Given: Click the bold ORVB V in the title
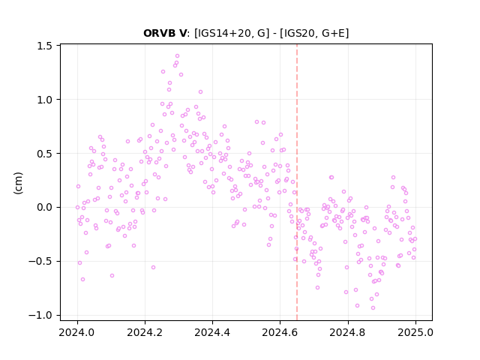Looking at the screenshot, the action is click(x=164, y=33).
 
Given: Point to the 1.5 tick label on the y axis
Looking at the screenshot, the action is click(x=45, y=46).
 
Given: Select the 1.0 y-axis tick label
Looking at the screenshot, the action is click(x=45, y=100).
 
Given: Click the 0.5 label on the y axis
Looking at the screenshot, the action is click(x=45, y=154).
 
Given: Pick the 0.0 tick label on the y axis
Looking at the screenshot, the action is click(x=45, y=208).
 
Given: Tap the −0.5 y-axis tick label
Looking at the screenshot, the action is click(x=40, y=262).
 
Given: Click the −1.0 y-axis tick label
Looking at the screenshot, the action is click(x=40, y=315).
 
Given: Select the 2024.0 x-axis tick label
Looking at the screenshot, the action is click(x=77, y=332).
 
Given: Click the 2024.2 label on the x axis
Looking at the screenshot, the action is click(x=145, y=332).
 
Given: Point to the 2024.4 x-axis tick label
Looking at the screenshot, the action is click(x=212, y=332).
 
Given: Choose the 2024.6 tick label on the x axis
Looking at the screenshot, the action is click(x=280, y=332).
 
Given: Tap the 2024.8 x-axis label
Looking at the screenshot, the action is click(x=347, y=332).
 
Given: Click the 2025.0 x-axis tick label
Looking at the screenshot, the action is click(x=415, y=332).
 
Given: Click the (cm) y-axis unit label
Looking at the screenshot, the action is click(x=18, y=183).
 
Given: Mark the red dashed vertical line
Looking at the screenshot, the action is click(x=297, y=182).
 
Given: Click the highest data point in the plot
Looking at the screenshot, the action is click(x=177, y=56).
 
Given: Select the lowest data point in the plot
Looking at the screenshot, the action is click(x=373, y=308).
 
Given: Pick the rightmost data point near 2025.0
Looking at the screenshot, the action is click(x=415, y=238).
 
